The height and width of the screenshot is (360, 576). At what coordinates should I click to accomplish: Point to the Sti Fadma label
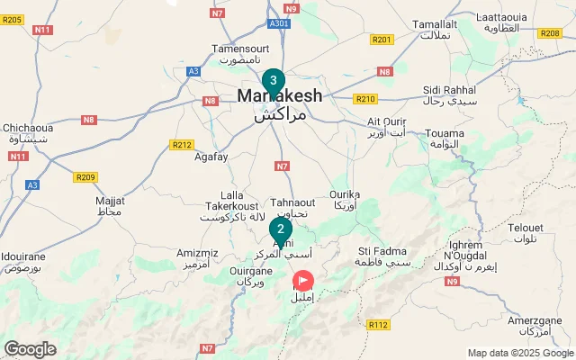(x=382, y=250)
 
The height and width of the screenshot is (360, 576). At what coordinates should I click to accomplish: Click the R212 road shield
(x=182, y=144)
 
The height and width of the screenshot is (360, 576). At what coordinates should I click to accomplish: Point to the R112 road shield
(x=378, y=325)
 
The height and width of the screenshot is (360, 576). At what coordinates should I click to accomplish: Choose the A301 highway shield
(x=279, y=23)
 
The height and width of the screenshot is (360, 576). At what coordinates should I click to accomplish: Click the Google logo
(x=30, y=349)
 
